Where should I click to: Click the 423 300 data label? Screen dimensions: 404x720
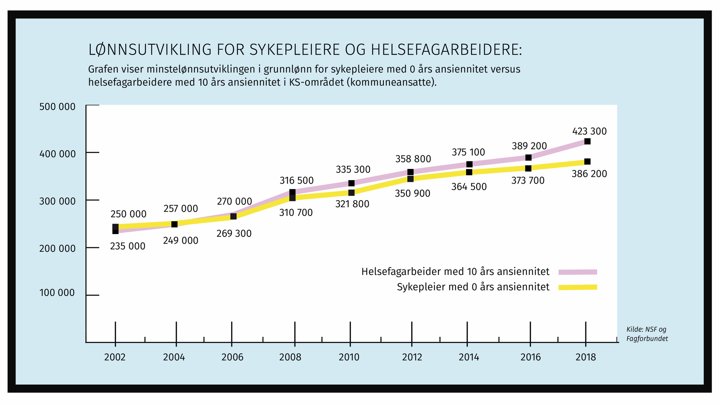(x=589, y=132)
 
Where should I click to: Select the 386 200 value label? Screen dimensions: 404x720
(x=589, y=174)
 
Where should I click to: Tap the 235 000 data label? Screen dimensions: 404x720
(x=128, y=247)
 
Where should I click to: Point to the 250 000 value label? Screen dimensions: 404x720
(x=129, y=214)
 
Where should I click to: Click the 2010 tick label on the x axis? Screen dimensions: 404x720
(x=349, y=357)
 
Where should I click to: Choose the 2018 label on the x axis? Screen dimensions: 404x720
(x=586, y=357)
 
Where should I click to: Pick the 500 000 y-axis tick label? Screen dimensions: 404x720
(x=58, y=107)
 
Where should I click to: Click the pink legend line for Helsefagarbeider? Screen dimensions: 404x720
(x=578, y=272)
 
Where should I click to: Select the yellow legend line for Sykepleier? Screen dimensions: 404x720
(x=578, y=287)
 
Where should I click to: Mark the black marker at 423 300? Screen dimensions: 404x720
(x=587, y=141)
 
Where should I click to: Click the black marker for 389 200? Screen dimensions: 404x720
(x=528, y=157)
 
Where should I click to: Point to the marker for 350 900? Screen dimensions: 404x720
(x=410, y=179)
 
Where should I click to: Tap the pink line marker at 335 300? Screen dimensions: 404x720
(x=351, y=183)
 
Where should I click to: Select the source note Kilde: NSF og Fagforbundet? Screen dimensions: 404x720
(x=647, y=334)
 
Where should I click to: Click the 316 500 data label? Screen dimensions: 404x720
(x=297, y=180)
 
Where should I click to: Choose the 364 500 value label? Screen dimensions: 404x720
(x=469, y=187)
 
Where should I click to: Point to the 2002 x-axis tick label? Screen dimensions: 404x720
(x=115, y=357)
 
